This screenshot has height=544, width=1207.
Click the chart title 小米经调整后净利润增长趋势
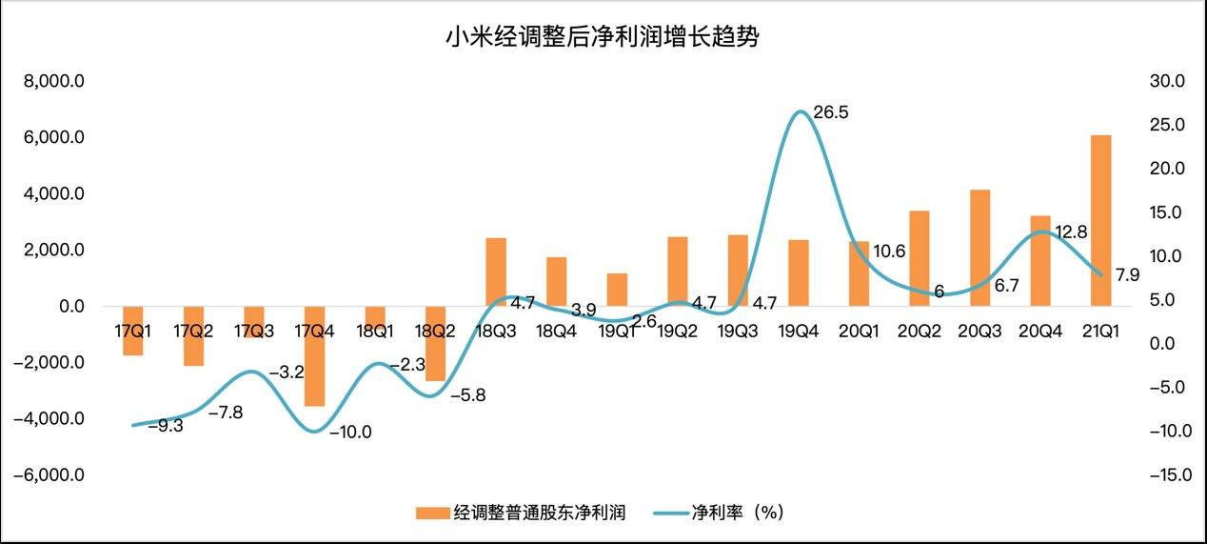tap(603, 38)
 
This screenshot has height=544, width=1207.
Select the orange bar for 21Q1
tap(1100, 220)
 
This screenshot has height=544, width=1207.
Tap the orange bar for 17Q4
tap(315, 355)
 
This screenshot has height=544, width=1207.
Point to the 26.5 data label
tap(830, 112)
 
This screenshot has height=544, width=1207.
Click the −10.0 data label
tap(350, 432)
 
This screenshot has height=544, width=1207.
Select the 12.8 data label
tap(1071, 232)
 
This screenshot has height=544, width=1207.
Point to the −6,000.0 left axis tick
tap(49, 474)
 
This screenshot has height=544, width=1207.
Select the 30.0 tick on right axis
tap(1166, 82)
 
